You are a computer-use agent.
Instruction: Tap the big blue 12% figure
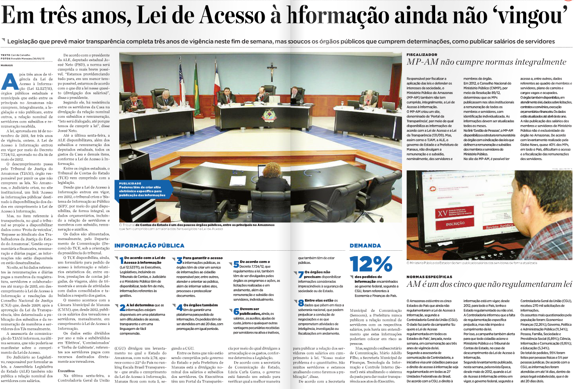click(x=371, y=263)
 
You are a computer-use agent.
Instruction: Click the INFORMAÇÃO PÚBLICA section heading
click(x=149, y=245)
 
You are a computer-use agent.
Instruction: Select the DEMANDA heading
click(x=365, y=245)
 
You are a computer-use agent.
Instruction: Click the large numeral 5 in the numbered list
click(x=236, y=264)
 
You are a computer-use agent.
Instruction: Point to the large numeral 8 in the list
click(x=301, y=303)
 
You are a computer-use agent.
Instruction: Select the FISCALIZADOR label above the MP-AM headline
click(x=422, y=55)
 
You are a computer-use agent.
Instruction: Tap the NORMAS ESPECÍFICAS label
click(x=429, y=277)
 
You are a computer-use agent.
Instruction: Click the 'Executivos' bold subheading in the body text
click(x=66, y=371)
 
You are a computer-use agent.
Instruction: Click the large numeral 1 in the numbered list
click(x=121, y=260)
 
